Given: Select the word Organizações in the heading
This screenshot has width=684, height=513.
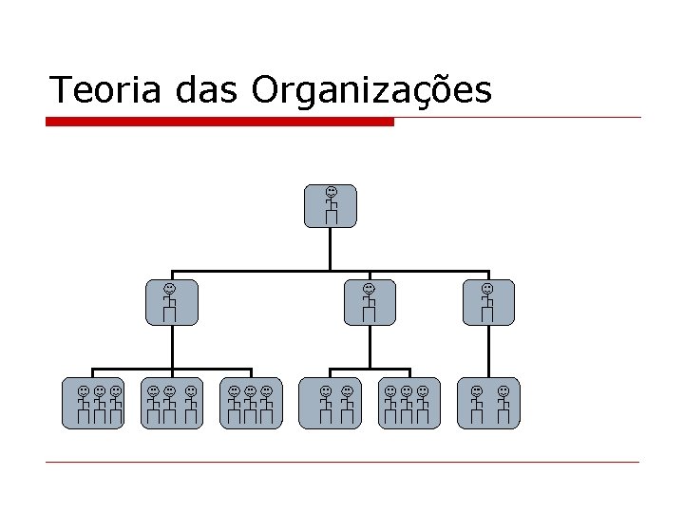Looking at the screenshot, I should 371,91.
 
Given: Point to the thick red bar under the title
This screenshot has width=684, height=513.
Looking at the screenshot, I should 219,122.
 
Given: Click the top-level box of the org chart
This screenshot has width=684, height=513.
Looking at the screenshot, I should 331,206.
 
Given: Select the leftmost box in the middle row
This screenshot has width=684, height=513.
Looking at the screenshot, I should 171,302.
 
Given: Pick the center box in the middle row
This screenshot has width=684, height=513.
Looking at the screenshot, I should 370,302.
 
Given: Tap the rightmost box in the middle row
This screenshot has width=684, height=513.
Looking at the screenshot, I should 488,302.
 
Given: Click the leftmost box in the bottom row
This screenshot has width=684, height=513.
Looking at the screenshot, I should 93,405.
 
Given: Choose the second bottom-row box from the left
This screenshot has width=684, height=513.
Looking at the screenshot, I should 172,405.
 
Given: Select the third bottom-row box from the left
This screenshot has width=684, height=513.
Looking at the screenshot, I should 251,405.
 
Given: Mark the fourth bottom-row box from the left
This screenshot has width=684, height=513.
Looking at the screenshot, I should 331,405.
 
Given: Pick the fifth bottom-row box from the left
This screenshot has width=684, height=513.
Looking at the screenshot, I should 409,405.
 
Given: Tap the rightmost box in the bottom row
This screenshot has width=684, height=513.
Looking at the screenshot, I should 489,405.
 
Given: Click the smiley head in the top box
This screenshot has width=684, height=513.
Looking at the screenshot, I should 331,193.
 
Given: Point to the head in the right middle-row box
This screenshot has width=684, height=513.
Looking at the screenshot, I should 487,288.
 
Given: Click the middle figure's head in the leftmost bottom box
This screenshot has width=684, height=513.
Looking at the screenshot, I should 99,390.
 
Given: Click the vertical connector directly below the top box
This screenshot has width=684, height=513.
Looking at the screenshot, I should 330,249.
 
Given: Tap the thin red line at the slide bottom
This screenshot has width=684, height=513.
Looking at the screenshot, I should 342,463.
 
